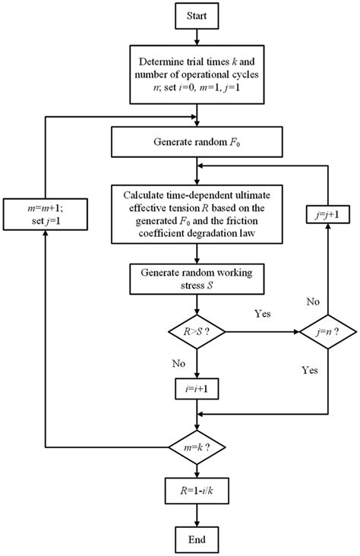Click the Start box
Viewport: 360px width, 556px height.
(197, 15)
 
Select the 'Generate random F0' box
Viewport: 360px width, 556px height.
(197, 141)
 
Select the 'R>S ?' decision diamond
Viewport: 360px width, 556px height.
(197, 331)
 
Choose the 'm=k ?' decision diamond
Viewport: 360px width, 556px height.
(197, 446)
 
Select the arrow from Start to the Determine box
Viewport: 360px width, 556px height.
(197, 36)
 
